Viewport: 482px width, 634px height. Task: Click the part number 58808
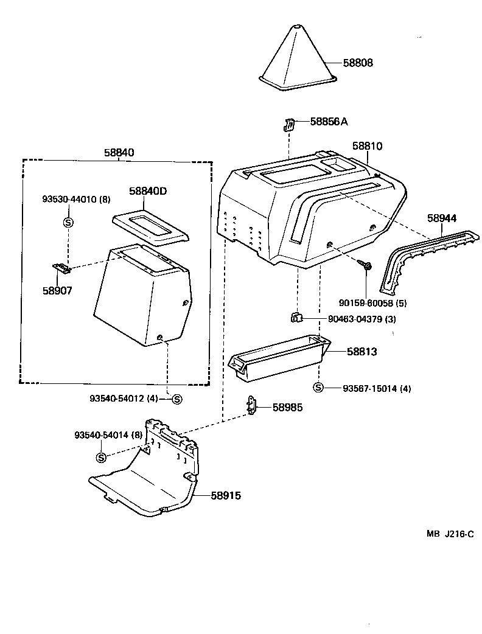click(357, 63)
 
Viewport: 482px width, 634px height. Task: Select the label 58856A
click(329, 122)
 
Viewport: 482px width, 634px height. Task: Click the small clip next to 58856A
click(290, 125)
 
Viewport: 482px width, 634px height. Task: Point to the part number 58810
click(368, 146)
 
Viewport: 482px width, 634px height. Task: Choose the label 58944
click(442, 218)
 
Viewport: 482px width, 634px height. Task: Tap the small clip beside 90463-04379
click(296, 317)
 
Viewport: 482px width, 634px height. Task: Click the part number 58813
click(362, 352)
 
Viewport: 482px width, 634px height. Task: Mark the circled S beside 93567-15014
click(318, 388)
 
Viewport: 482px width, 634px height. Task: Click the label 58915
click(226, 496)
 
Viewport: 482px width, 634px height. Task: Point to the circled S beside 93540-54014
click(101, 458)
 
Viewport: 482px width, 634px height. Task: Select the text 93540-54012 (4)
click(124, 399)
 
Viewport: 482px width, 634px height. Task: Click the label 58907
click(57, 290)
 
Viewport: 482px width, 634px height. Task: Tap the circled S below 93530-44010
click(68, 222)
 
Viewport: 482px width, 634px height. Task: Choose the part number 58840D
click(148, 191)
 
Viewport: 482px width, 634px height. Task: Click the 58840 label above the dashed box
click(118, 153)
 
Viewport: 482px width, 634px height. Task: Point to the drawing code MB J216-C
click(450, 534)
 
